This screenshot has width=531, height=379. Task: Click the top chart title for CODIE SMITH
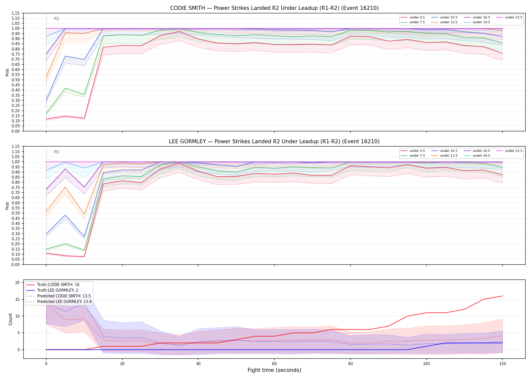pos(274,8)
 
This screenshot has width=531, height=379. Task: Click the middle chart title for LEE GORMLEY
pos(274,141)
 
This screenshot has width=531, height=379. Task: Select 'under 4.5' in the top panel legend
pos(417,17)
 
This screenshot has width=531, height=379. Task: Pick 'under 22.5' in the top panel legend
pos(514,17)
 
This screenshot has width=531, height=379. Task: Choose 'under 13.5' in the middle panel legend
pos(449,156)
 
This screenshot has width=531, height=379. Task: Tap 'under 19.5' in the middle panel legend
pos(481,156)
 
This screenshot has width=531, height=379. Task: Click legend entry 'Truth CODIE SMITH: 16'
pos(58,285)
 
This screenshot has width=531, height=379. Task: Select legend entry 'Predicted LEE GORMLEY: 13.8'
pos(64,302)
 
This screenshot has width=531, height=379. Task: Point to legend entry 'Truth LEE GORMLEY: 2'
pos(57,290)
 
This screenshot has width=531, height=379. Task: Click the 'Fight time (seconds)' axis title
pos(274,370)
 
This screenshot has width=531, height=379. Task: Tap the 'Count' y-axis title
pos(10,319)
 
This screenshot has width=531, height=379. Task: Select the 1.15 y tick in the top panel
pos(16,13)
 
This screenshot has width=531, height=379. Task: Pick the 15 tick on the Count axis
pos(17,299)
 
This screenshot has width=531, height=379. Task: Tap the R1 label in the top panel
pos(57,19)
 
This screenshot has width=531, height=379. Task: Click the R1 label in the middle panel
pos(57,152)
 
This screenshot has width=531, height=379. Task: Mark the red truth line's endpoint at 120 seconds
pos(502,296)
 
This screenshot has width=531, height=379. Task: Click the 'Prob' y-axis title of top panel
pos(7,72)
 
